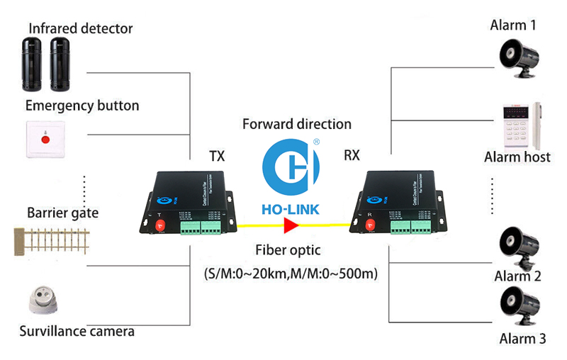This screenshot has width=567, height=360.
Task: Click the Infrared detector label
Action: pyautogui.click(x=80, y=28)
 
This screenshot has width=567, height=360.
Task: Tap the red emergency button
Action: pyautogui.click(x=46, y=140)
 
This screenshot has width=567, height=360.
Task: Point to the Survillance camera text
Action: pyautogui.click(x=77, y=330)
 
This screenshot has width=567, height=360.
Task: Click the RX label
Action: pyautogui.click(x=352, y=155)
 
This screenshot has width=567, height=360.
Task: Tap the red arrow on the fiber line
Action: pyautogui.click(x=291, y=226)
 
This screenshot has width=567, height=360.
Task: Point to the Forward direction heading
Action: pyautogui.click(x=297, y=124)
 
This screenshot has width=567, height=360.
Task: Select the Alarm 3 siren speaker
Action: pyautogui.click(x=519, y=305)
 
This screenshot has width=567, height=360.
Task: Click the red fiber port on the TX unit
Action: pyautogui.click(x=159, y=225)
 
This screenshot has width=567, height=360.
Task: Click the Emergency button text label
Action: pyautogui.click(x=82, y=106)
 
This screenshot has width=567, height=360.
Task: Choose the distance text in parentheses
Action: pyautogui.click(x=291, y=273)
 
